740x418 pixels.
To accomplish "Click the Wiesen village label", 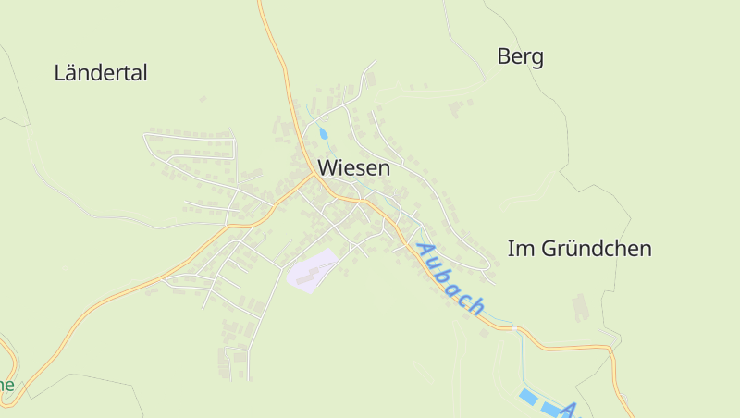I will click(353, 168).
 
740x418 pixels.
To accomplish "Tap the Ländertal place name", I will click(101, 73).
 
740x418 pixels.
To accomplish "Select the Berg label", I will click(520, 57).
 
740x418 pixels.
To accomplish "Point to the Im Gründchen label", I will click(579, 249).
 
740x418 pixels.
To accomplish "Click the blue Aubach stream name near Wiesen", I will click(450, 278).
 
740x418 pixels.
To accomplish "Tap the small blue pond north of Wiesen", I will click(323, 133).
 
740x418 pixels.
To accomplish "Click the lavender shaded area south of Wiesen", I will click(312, 270).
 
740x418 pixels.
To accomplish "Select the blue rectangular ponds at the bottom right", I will click(539, 403).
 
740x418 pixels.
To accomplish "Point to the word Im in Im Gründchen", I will click(519, 249).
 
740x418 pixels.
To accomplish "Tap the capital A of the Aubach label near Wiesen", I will click(425, 250).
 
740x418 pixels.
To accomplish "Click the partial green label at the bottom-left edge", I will click(6, 385).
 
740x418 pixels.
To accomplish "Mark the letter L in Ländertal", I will click(60, 73).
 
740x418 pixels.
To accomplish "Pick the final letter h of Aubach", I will click(476, 307).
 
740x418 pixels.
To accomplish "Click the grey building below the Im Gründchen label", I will click(580, 308).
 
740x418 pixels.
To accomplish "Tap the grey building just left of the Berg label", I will click(458, 108).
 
